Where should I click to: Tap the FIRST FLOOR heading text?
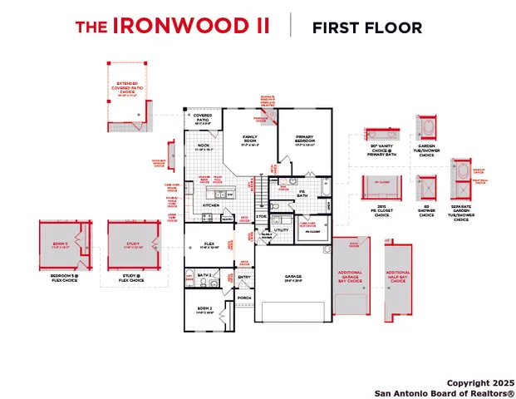click(x=366, y=27)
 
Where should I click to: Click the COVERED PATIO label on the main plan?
click(x=203, y=118)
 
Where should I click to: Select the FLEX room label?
click(x=210, y=244)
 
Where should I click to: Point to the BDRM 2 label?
click(x=204, y=308)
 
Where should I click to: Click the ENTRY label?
click(x=245, y=278)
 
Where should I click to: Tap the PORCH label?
click(x=244, y=297)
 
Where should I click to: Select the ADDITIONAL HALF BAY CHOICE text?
click(x=398, y=275)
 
